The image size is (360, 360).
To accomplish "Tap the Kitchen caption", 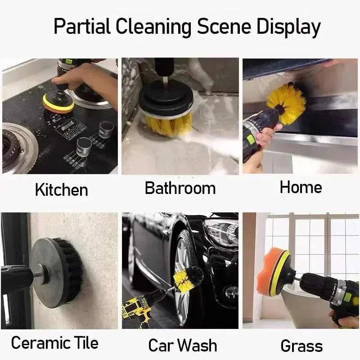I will point(61,189).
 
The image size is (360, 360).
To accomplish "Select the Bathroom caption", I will point(180,188).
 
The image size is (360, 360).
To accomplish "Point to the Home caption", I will point(301,187).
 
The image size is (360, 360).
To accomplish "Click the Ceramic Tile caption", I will point(54,343).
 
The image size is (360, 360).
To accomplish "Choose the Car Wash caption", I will point(183,346).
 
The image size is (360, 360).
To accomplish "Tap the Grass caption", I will point(301,346).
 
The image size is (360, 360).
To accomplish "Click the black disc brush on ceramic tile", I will point(56,272).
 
